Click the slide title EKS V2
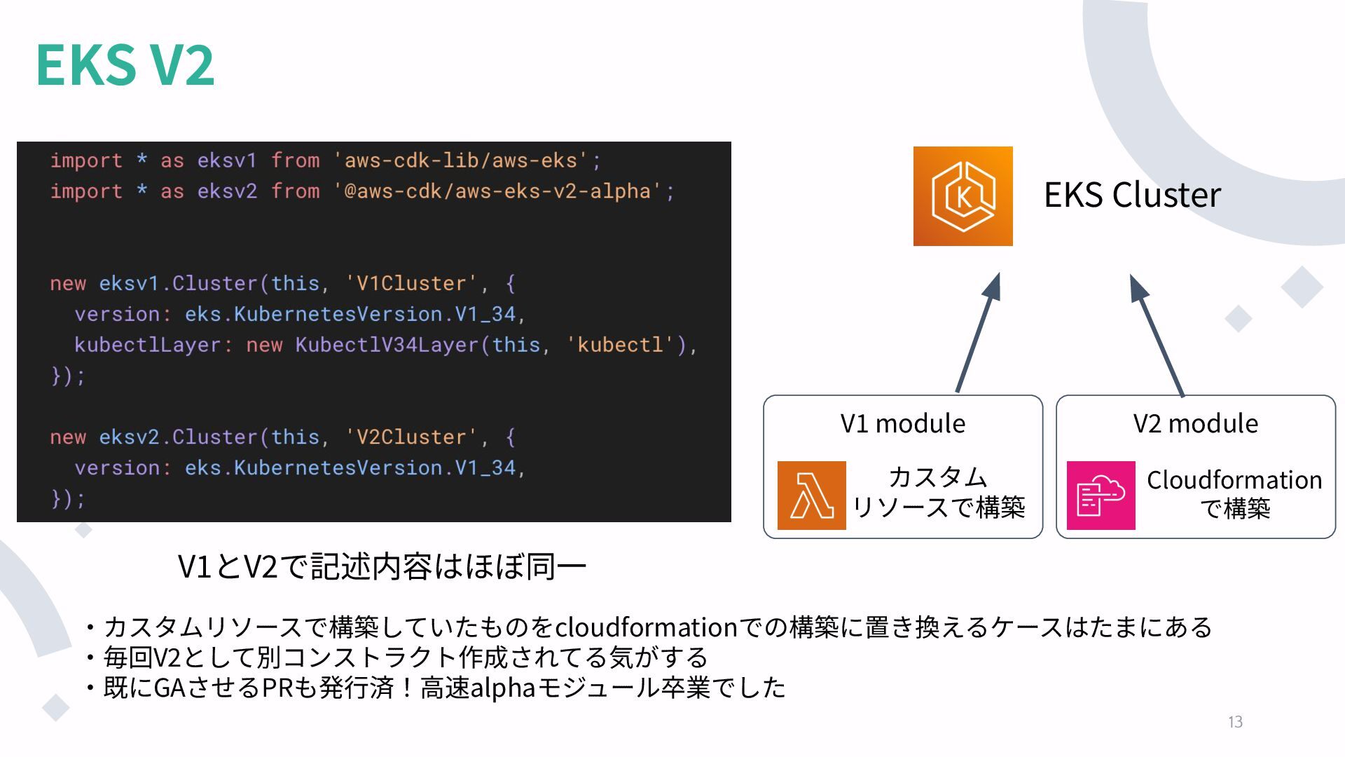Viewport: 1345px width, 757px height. tap(125, 64)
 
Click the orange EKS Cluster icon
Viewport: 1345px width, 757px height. tap(963, 196)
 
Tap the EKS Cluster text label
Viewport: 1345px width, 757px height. tap(1132, 195)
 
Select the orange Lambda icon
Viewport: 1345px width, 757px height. tap(811, 495)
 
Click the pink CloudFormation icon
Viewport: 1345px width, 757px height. tap(1101, 495)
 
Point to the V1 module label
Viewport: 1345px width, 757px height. tap(902, 423)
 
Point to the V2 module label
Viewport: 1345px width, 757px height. tap(1195, 423)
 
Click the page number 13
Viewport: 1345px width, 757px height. tap(1235, 722)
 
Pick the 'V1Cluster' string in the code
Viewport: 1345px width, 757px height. tap(411, 283)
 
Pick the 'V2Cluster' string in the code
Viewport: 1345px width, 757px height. tap(411, 437)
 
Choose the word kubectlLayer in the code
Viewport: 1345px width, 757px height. tap(148, 345)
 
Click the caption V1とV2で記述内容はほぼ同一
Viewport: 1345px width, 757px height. tap(382, 566)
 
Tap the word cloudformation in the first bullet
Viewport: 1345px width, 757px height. tap(646, 627)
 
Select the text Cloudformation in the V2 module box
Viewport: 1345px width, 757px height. tap(1234, 480)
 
